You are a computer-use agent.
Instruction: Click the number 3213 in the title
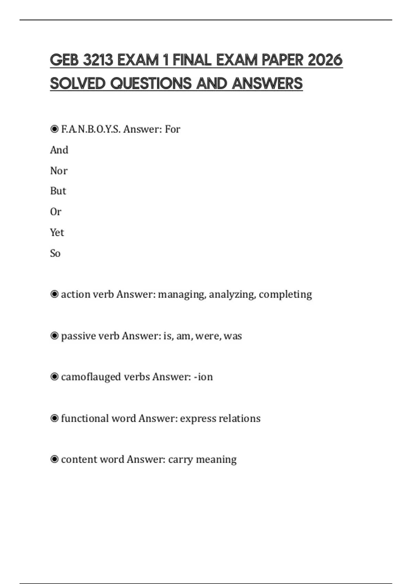pos(98,60)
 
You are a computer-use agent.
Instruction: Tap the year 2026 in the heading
pos(325,60)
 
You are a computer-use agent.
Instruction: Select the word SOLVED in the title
pos(78,83)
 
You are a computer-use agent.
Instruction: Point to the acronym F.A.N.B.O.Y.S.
pos(91,129)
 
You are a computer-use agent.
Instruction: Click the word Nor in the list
pos(59,171)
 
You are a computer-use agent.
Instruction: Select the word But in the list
pos(58,191)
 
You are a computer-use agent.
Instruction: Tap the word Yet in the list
pos(57,233)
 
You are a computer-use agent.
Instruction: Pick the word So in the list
pos(55,254)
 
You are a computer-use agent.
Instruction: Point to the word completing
pos(285,294)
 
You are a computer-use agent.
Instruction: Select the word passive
pos(78,336)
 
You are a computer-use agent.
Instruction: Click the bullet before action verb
pos(54,294)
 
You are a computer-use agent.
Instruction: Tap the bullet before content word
pos(54,459)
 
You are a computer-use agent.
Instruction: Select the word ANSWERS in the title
pos(267,83)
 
